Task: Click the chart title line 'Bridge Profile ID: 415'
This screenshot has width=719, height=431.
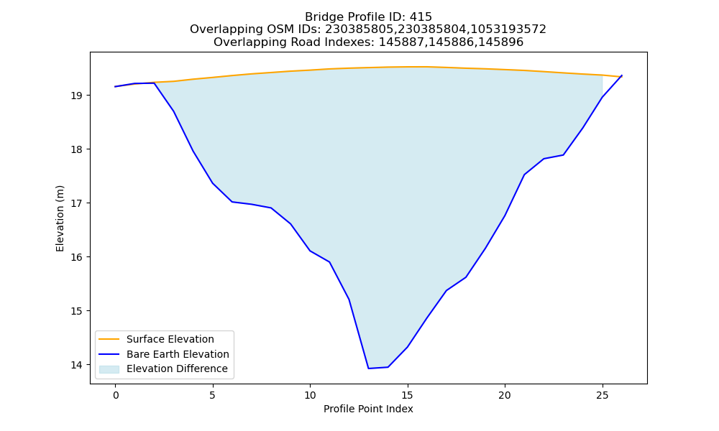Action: [x=368, y=17]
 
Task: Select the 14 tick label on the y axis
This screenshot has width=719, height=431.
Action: [x=76, y=365]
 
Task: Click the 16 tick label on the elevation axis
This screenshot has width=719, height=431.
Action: [x=76, y=257]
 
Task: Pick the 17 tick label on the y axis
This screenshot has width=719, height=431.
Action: [x=76, y=203]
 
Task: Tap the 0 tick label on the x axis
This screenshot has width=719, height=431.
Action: [x=116, y=395]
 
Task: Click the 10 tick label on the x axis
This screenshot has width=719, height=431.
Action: [x=310, y=395]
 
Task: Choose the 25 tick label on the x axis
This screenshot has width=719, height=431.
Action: [x=602, y=395]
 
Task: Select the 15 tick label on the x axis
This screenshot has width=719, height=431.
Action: [x=407, y=395]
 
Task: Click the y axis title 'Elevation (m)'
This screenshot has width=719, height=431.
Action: [x=60, y=218]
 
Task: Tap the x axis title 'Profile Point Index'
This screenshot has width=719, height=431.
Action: [x=368, y=409]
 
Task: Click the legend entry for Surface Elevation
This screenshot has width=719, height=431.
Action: [x=157, y=339]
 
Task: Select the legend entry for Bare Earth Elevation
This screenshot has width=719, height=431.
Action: [x=164, y=354]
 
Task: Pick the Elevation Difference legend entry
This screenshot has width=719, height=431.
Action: [x=164, y=369]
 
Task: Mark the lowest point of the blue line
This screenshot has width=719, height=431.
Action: [x=368, y=369]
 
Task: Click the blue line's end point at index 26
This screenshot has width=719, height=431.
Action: [x=622, y=75]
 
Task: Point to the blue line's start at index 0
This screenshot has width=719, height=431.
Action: [x=115, y=87]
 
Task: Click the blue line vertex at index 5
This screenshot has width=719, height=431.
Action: [x=212, y=183]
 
